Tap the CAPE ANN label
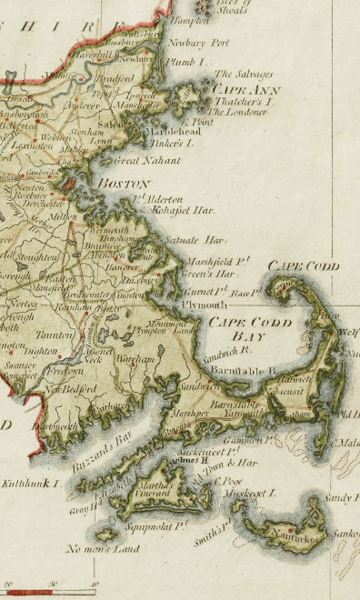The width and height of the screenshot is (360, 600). [246, 89]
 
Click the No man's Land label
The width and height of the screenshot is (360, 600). [102, 549]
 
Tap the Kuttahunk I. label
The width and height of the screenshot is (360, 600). [33, 483]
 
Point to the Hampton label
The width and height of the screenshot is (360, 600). [190, 18]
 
